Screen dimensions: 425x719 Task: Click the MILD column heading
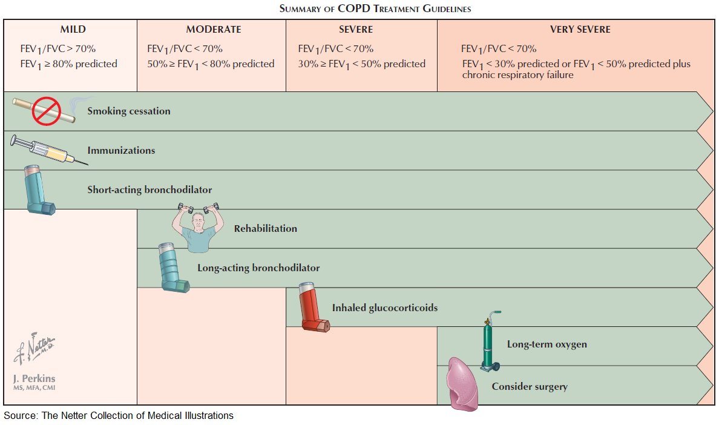(73, 29)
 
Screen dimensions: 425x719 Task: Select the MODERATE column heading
(213, 29)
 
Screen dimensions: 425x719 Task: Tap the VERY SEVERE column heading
(580, 29)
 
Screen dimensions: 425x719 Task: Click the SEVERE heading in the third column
(356, 29)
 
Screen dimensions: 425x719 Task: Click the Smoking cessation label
(129, 111)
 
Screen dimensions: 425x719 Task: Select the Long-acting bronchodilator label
(258, 268)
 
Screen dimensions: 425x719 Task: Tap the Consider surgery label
(530, 386)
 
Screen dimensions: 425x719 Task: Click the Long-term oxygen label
(547, 344)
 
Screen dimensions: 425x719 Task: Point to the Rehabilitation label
(266, 229)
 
